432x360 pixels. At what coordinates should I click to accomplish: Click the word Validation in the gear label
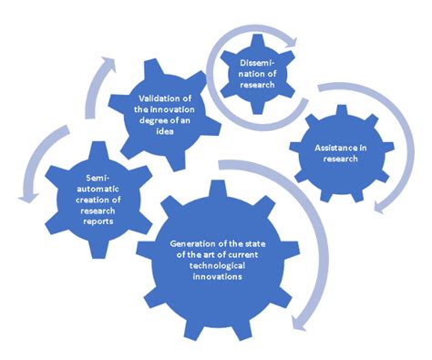158,98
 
